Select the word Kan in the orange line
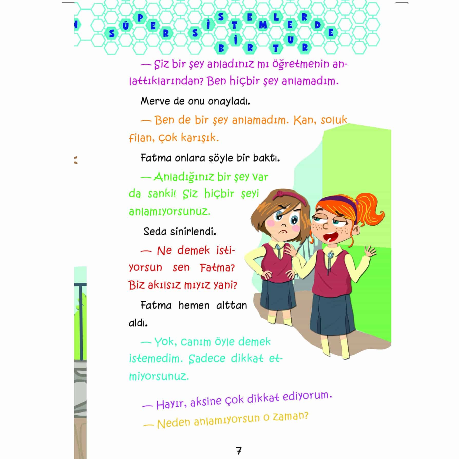(x=303, y=120)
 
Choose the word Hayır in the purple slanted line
(x=171, y=404)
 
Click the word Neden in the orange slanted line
(x=174, y=423)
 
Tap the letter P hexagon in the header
(x=140, y=18)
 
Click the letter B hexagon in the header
(x=221, y=49)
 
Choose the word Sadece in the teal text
(x=207, y=359)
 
